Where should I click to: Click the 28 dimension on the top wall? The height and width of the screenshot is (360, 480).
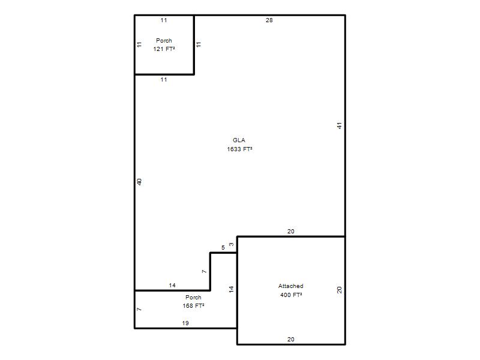tap(269, 20)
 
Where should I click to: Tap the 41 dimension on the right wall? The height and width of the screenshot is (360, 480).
tap(339, 125)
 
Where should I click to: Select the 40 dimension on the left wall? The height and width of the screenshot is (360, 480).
tap(139, 182)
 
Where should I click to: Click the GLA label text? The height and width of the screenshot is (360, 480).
tap(239, 140)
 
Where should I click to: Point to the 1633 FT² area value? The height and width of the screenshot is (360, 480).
tap(239, 149)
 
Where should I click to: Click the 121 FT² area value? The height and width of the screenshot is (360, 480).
tap(164, 49)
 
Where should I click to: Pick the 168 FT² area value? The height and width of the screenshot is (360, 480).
tap(193, 306)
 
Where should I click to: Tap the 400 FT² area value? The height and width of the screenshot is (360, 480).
tap(291, 295)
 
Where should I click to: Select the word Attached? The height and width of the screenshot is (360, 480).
tap(291, 286)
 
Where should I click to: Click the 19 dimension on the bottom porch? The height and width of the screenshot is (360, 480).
tap(185, 323)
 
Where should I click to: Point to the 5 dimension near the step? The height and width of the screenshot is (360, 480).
tap(223, 247)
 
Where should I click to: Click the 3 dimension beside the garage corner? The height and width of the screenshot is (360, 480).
tap(232, 244)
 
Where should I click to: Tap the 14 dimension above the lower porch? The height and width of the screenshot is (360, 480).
tap(172, 286)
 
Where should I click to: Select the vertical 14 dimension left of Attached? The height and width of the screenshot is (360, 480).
tap(232, 289)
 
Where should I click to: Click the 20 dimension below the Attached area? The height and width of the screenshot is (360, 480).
tap(291, 339)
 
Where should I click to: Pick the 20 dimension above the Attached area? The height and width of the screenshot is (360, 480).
tap(291, 232)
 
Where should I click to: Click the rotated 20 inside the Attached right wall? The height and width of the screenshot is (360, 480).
tap(339, 290)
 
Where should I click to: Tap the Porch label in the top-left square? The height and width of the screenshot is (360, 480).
tap(164, 40)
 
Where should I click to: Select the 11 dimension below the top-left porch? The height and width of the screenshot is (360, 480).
tap(164, 80)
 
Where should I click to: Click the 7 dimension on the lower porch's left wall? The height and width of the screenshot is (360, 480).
tap(139, 309)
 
